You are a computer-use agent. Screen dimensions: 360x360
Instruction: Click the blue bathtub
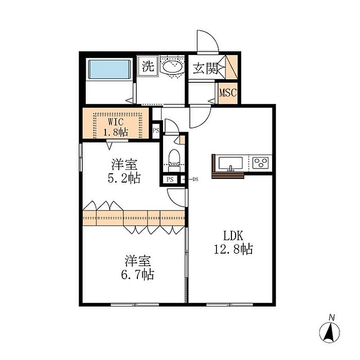[x=110, y=69]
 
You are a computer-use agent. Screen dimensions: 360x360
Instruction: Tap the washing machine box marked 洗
[x=148, y=66]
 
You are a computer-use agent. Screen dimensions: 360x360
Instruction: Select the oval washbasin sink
[x=173, y=66]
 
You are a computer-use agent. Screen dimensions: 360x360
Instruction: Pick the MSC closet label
[x=228, y=93]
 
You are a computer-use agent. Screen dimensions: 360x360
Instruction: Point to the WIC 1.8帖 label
[x=116, y=127]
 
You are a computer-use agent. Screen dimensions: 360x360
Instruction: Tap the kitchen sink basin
[x=231, y=163]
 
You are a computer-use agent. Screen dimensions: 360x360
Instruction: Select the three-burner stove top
[x=260, y=163]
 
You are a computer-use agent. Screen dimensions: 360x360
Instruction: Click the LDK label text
[x=233, y=236]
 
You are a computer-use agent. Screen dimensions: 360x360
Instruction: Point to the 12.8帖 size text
[x=233, y=249]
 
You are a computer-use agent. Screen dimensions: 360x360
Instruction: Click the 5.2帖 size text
[x=124, y=178]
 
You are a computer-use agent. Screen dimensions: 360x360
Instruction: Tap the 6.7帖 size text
[x=137, y=274]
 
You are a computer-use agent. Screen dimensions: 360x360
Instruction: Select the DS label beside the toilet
[x=195, y=179]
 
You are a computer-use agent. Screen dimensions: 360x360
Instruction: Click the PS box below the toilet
[x=170, y=179]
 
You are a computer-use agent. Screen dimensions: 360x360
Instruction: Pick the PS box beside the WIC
[x=156, y=130]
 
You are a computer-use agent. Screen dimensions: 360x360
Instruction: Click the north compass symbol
[x=330, y=332]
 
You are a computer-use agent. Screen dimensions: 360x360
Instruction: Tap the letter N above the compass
[x=332, y=317]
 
